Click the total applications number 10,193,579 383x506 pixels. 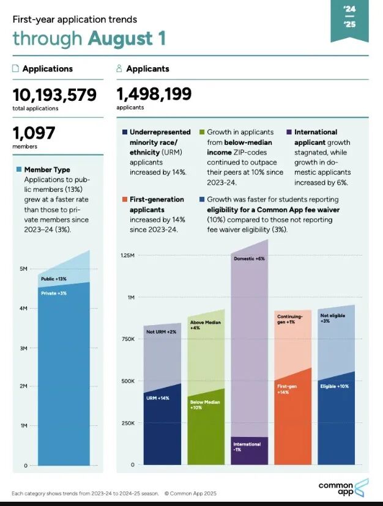point(54,95)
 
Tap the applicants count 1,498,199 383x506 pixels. point(154,94)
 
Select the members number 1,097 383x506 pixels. point(34,133)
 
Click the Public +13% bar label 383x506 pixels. point(54,279)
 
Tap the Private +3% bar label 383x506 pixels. point(54,293)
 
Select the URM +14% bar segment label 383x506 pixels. point(158,398)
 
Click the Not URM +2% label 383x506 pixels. point(161,332)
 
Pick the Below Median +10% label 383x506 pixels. point(206,405)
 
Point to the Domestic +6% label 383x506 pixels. point(250,259)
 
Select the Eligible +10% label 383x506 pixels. point(334,386)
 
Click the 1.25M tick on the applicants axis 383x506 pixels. point(127,255)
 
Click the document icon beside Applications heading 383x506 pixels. point(15,69)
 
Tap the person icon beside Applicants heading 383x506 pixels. point(119,69)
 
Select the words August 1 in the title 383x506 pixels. point(126,38)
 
